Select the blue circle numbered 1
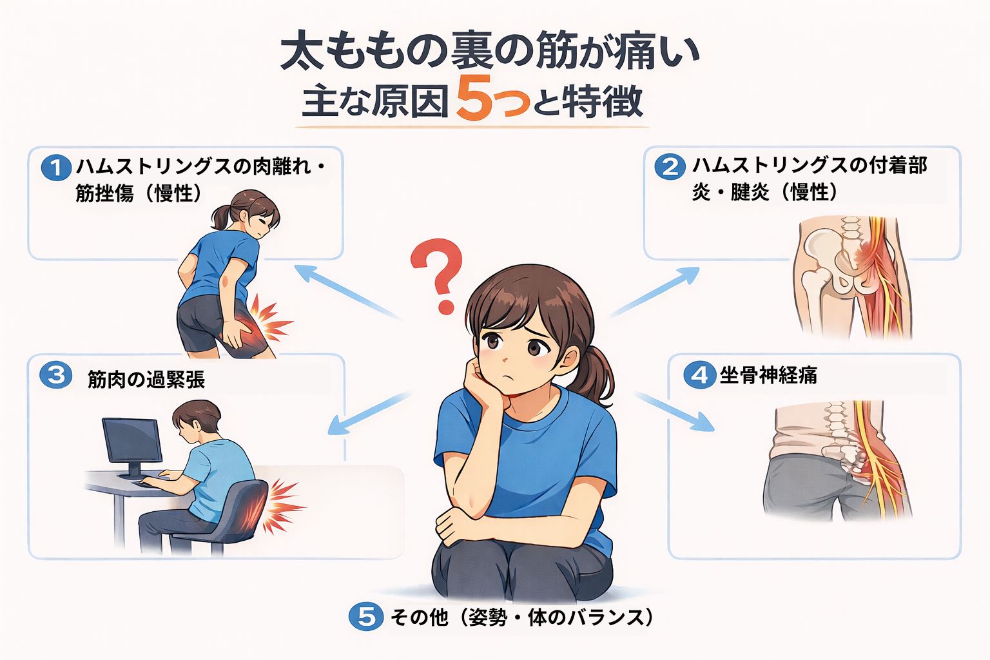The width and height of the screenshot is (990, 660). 56,168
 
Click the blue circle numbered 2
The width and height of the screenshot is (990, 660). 670,167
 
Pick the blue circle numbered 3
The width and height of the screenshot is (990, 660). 55,375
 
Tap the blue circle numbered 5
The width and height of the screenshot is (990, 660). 366,616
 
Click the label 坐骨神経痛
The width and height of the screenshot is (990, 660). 768,375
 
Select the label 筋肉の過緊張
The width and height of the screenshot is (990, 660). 146,379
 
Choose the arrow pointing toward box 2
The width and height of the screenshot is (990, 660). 654,292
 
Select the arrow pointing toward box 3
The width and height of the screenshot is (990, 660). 369,413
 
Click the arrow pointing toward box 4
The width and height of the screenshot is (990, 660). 675,412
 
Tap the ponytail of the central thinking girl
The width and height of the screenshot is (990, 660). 594,376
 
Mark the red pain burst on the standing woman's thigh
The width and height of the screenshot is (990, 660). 268,318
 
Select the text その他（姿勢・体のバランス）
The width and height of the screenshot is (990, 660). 521,617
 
